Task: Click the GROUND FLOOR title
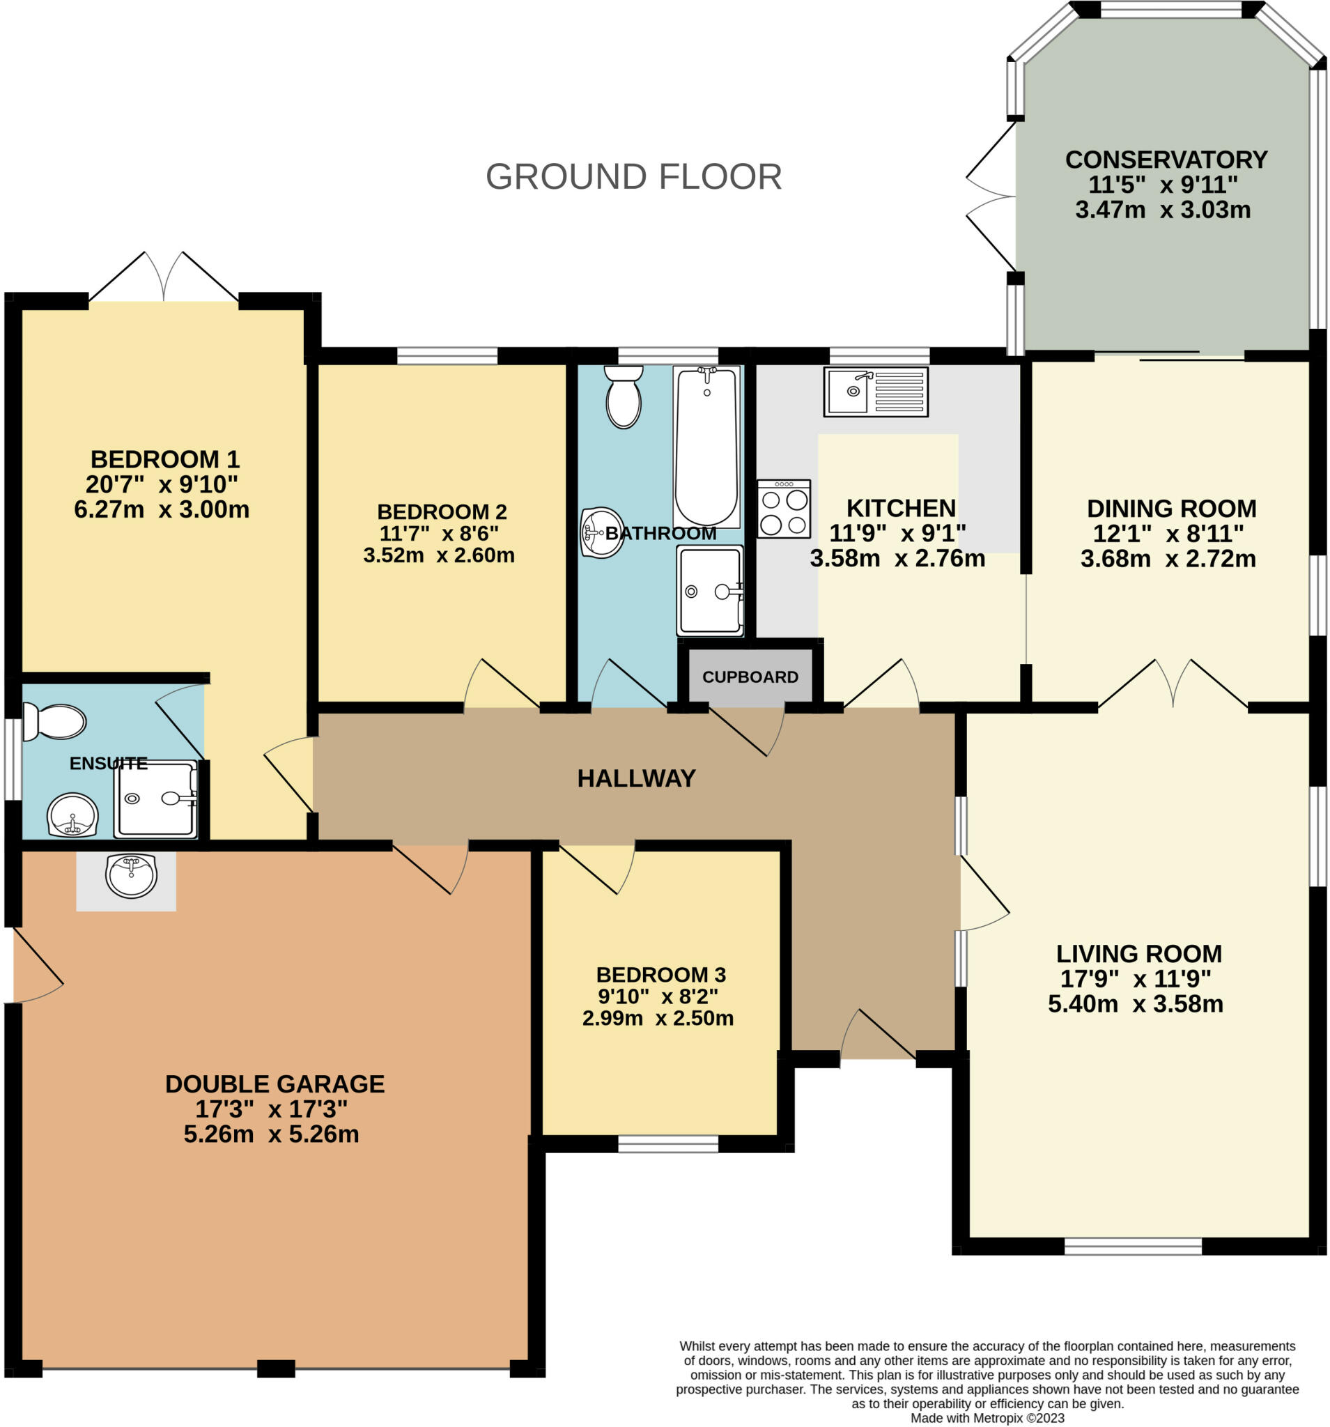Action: pos(633,176)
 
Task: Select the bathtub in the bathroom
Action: pos(706,447)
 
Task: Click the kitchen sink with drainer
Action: pos(876,392)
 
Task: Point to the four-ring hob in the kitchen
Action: pos(784,509)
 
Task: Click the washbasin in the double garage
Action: pos(131,876)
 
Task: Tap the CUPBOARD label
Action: pos(750,677)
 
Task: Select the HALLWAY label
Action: pos(637,778)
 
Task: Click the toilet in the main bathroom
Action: pos(623,396)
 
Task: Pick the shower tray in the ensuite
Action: pos(156,799)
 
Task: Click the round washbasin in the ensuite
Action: pos(72,815)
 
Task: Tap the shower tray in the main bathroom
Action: pos(710,591)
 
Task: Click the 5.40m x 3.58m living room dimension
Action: pos(1136,1003)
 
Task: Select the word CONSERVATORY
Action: pos(1166,160)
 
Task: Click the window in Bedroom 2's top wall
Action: pos(447,355)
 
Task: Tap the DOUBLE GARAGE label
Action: pos(275,1084)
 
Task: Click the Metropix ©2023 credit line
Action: pos(988,1418)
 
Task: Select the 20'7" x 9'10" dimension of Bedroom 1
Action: pos(162,484)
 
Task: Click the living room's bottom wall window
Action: pos(1133,1246)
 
